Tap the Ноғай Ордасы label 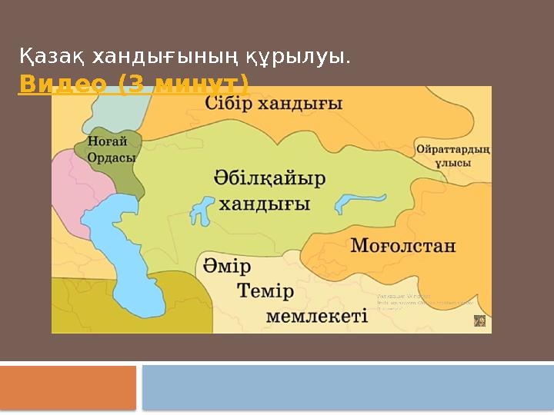coord(112,149)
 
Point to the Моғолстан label coord(403,247)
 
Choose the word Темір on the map coord(265,292)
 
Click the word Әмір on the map coord(228,268)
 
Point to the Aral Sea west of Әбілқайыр coord(202,208)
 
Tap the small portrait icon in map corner coord(479,320)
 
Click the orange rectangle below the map coord(68,387)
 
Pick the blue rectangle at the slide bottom coord(348,387)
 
